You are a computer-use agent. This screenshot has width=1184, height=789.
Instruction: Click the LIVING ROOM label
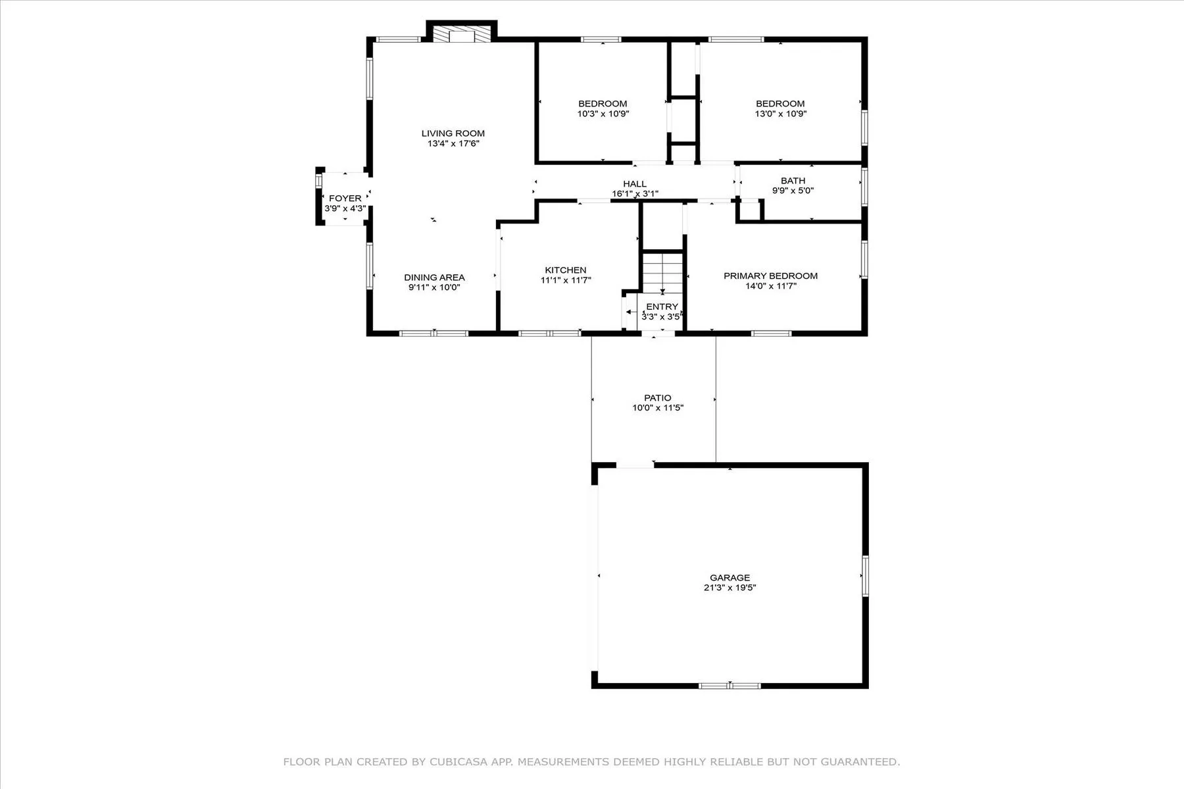pos(453,133)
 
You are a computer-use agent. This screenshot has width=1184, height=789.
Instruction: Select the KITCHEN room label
pos(566,270)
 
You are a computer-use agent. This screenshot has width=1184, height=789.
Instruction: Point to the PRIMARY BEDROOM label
pos(771,276)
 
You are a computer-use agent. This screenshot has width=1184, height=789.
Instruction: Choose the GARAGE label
pos(730,578)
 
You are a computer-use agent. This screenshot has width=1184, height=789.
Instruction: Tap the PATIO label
pos(658,398)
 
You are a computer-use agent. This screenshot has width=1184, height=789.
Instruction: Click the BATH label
pos(793,181)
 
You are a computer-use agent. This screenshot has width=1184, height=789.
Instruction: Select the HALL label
pos(635,184)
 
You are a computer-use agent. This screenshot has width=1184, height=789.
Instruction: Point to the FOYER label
pos(345,199)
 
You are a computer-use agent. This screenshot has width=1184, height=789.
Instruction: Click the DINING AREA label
pos(434,277)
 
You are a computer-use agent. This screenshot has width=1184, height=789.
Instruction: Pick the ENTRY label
pos(662,307)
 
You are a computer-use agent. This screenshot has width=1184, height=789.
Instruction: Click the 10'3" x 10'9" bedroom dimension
pos(603,113)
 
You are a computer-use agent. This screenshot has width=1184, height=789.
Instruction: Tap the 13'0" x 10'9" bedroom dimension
pos(780,113)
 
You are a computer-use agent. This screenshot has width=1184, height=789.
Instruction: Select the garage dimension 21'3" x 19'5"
pos(730,588)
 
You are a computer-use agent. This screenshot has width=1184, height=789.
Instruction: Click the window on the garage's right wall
pos(865,576)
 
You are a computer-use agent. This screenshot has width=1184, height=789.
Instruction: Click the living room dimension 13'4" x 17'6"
pos(453,143)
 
